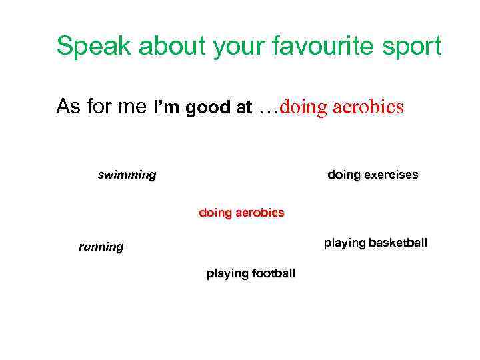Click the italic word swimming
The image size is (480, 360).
[127, 175]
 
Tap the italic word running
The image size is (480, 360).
[101, 247]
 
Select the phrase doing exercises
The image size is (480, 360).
[373, 175]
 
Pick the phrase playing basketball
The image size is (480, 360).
[375, 243]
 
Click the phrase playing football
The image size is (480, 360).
[251, 273]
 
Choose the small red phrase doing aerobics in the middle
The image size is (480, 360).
[241, 213]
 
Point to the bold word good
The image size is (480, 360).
[207, 107]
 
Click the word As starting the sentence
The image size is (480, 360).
[69, 106]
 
